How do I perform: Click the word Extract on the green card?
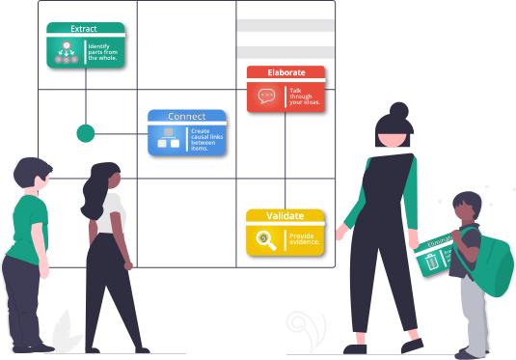(x=84, y=29)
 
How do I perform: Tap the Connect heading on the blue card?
(x=186, y=116)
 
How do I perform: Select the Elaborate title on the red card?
(x=285, y=72)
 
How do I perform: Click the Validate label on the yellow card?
(x=285, y=216)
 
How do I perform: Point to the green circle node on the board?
(x=86, y=133)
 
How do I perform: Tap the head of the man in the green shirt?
(x=33, y=177)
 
